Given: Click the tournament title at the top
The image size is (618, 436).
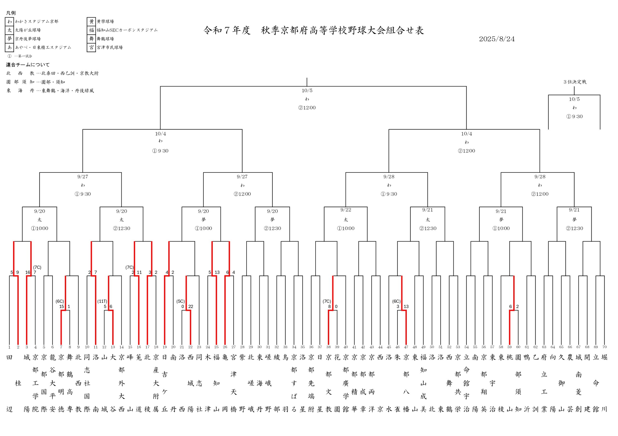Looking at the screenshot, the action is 314,30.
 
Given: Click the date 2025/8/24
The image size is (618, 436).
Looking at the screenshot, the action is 497,39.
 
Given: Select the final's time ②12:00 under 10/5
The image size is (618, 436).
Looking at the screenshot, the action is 307,108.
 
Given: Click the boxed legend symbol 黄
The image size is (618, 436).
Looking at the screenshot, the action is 91,21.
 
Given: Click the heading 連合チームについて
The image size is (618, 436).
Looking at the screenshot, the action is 28,65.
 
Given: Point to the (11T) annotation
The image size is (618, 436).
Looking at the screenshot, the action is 102,301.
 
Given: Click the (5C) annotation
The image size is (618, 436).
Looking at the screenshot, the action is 181,301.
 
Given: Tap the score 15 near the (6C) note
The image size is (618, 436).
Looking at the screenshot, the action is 62,307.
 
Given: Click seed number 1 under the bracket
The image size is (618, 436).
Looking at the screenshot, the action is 9,347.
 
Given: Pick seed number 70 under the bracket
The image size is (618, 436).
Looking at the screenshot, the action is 604,347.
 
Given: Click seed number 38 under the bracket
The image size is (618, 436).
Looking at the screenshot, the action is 328,347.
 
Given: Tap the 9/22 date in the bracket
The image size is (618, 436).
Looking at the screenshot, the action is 346,210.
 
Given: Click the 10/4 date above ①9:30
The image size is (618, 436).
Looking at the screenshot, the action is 161,134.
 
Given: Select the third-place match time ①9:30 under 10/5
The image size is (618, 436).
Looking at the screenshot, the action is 574,116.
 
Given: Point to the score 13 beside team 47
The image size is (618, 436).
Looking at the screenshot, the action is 406,307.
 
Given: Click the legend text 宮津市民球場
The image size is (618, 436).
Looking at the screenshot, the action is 110,47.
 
